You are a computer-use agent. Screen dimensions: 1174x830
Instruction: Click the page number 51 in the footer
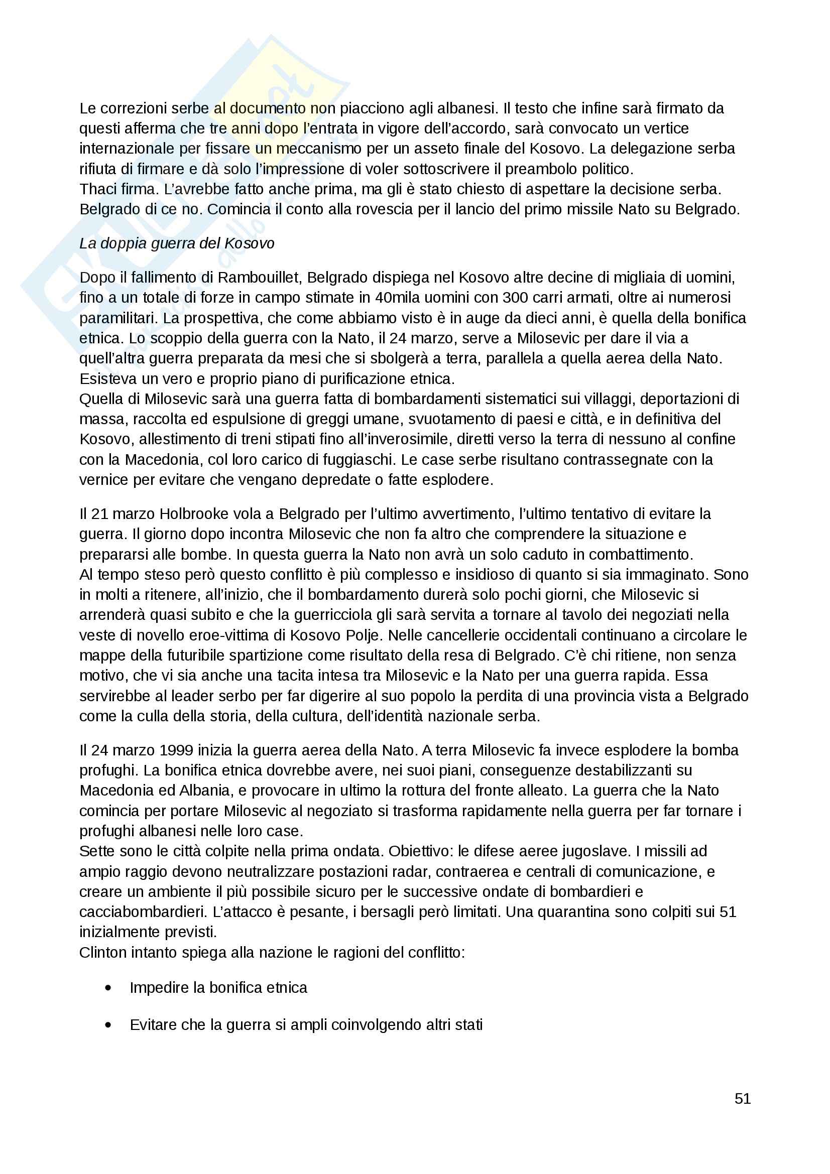coord(742,1098)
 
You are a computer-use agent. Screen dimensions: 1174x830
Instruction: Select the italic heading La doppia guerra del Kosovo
coord(176,243)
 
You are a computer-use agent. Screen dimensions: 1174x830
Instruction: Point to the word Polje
coord(366,635)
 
